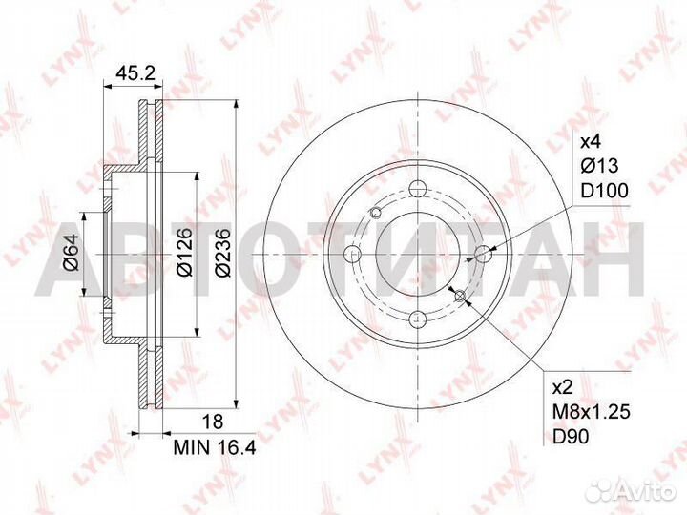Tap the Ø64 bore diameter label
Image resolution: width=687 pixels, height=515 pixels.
71,255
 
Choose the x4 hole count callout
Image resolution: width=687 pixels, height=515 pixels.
592,142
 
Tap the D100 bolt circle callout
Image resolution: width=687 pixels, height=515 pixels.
604,191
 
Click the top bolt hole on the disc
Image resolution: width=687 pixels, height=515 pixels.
418,188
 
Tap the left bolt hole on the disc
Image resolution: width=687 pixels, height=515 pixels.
352,255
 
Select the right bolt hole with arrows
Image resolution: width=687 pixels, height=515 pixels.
485,254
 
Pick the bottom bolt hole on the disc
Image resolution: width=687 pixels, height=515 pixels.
418,320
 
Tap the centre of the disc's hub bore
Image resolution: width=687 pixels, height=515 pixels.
418,255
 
